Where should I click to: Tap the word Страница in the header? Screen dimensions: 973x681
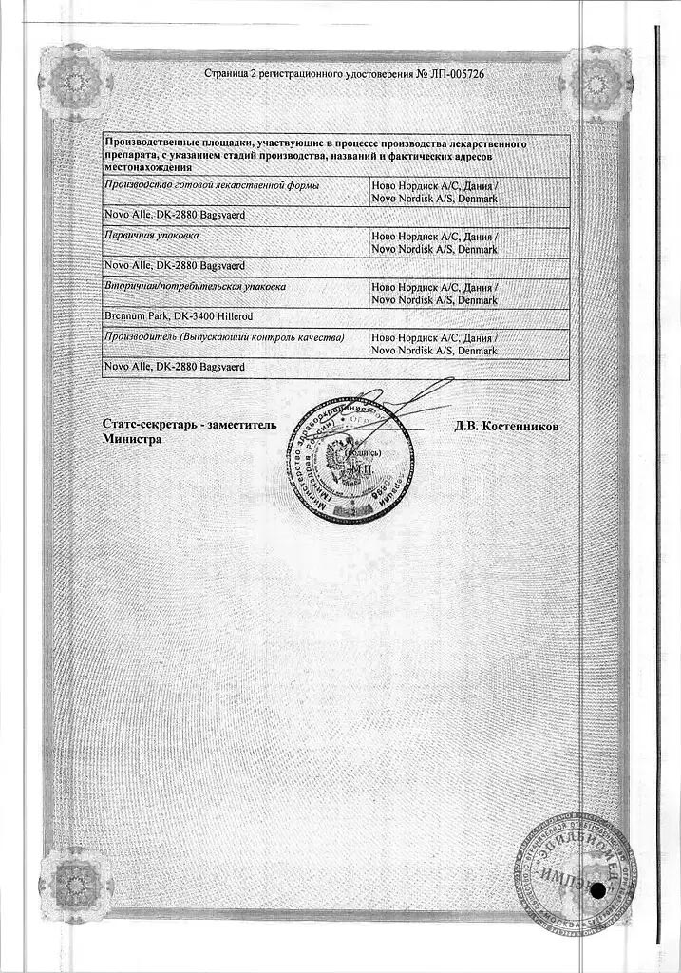pyautogui.click(x=228, y=74)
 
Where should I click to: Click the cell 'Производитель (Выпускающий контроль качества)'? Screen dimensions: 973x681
pyautogui.click(x=224, y=337)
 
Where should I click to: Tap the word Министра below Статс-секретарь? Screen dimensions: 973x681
pyautogui.click(x=133, y=440)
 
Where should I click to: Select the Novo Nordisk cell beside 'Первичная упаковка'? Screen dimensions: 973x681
pyautogui.click(x=435, y=242)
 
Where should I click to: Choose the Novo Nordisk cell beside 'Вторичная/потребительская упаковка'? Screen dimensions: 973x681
pyautogui.click(x=435, y=293)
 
